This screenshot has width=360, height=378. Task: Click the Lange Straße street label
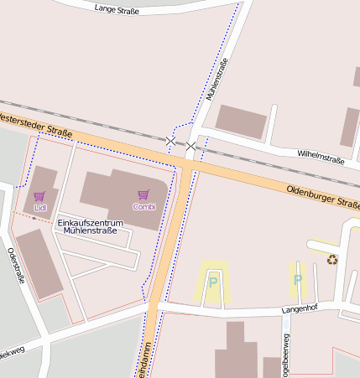tap(117, 8)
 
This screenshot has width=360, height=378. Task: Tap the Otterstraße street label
tap(15, 266)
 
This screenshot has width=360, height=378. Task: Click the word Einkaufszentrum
tap(90, 222)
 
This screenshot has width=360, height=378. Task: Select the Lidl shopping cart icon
tap(39, 196)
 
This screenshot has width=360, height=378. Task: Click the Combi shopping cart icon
tap(143, 195)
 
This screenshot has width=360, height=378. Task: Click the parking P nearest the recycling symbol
tap(297, 279)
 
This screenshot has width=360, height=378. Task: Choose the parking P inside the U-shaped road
tap(212, 282)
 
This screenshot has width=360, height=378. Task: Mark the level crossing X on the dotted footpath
tap(171, 141)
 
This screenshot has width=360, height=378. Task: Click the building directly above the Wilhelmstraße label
tap(241, 121)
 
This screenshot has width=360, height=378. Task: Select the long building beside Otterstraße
tap(39, 262)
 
